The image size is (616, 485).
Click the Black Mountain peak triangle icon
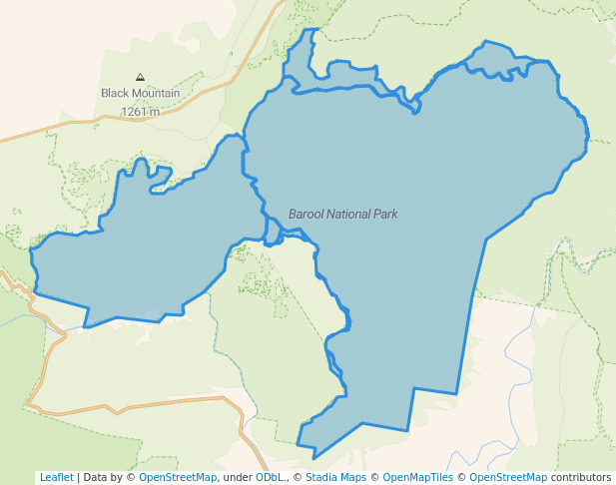[x=140, y=77]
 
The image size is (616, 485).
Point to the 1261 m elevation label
[x=140, y=112]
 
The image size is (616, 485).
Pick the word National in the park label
[x=349, y=215]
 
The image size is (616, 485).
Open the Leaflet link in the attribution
[x=56, y=477]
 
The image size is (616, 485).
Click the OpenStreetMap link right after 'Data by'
[x=178, y=477]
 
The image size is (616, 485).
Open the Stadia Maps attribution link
[x=335, y=477]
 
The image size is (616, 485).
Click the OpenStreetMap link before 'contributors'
[x=508, y=477]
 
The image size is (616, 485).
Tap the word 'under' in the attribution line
[x=237, y=477]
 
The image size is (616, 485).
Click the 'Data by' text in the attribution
[x=104, y=477]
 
